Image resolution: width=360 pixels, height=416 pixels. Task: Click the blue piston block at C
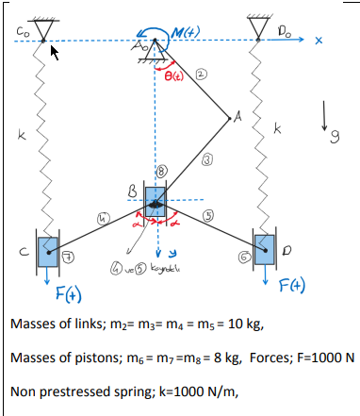(47, 252)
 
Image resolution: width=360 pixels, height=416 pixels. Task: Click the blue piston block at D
(264, 250)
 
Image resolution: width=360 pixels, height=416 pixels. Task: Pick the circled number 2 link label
(202, 74)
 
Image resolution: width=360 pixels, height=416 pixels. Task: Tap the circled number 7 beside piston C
(68, 256)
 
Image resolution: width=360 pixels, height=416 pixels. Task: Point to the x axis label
(319, 41)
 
